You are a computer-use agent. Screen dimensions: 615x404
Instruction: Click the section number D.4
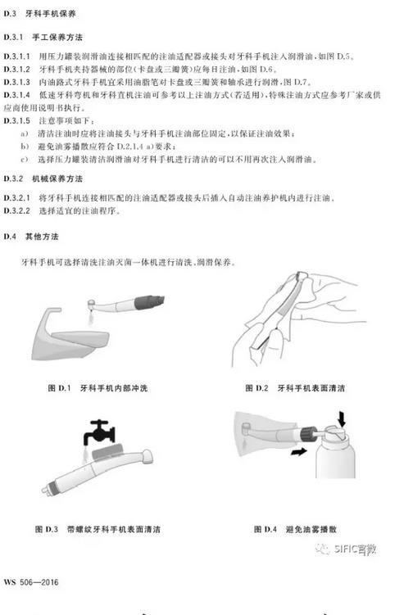(11, 237)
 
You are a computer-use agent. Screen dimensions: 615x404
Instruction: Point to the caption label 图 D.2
(256, 387)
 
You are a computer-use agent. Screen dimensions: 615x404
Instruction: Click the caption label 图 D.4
(256, 530)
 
